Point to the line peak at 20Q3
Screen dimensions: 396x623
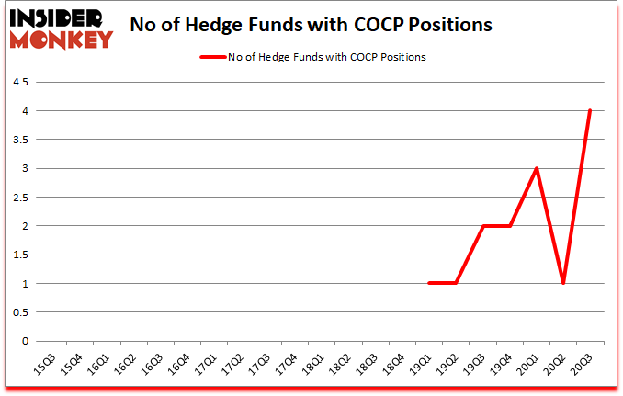[x=589, y=111]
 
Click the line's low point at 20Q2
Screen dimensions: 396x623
[x=562, y=283]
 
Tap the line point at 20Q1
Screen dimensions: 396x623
[x=536, y=168]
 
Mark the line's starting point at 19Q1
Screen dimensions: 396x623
[x=429, y=283]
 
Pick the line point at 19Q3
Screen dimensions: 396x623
[x=482, y=226]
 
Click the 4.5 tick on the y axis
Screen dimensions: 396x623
[x=20, y=83]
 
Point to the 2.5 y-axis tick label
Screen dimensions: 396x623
[x=20, y=198]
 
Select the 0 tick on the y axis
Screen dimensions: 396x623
[x=25, y=341]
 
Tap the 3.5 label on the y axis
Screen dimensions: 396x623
[x=20, y=140]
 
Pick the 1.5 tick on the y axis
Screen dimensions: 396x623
[x=20, y=255]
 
